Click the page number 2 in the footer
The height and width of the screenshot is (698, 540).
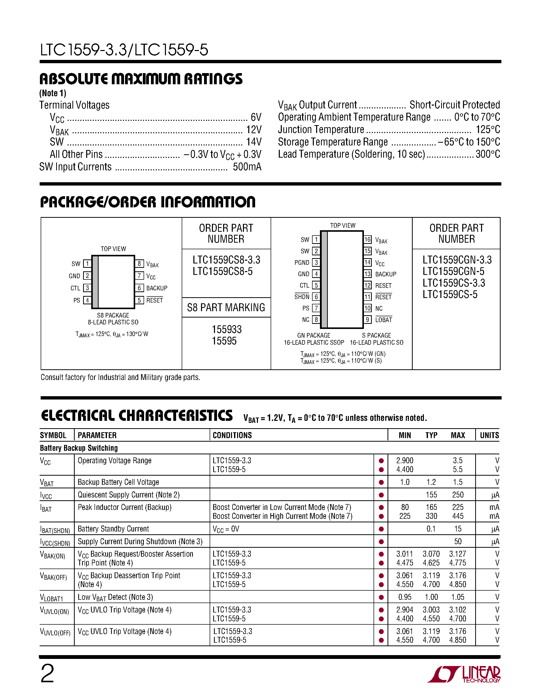[47, 673]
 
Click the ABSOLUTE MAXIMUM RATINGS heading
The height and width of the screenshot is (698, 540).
[141, 79]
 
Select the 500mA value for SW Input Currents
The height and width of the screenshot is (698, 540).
[247, 167]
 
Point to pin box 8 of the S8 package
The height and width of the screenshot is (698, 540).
[139, 264]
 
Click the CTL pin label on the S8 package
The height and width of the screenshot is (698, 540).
[75, 288]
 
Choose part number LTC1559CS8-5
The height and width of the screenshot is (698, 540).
[222, 271]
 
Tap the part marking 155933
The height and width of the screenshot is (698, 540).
[226, 329]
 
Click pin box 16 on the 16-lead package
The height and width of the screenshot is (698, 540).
[367, 239]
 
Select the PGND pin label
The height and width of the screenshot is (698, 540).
[302, 262]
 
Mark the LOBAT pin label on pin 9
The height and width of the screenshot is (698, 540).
[383, 320]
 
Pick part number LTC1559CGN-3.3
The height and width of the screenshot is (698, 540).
[457, 260]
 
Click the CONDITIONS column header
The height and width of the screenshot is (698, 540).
[232, 435]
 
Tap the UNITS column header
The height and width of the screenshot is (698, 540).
[489, 435]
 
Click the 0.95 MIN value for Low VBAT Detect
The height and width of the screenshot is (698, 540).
[405, 597]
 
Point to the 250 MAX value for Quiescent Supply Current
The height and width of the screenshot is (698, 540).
[458, 495]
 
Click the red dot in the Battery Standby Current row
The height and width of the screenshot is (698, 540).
[381, 529]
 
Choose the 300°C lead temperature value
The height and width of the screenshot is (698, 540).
[488, 154]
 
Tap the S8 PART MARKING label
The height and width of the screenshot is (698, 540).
[226, 307]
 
